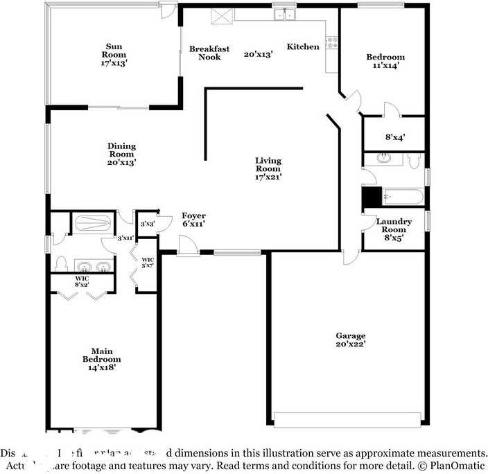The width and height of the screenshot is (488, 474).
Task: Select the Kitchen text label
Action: (x=303, y=47)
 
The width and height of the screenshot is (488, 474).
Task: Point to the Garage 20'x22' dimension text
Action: (x=350, y=344)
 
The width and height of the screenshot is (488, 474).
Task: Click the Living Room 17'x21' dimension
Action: (x=268, y=177)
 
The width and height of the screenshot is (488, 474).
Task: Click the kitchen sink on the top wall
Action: (x=284, y=14)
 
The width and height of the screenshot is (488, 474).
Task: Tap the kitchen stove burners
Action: (x=333, y=42)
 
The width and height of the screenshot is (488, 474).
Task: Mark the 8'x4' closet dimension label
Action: (x=394, y=137)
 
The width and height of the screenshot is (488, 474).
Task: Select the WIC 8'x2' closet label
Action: (x=82, y=281)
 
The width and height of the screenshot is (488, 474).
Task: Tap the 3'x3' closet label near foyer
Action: (x=147, y=224)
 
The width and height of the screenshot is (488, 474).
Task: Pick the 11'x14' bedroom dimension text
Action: (x=386, y=66)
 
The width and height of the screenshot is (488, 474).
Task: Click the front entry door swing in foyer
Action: (x=186, y=245)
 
